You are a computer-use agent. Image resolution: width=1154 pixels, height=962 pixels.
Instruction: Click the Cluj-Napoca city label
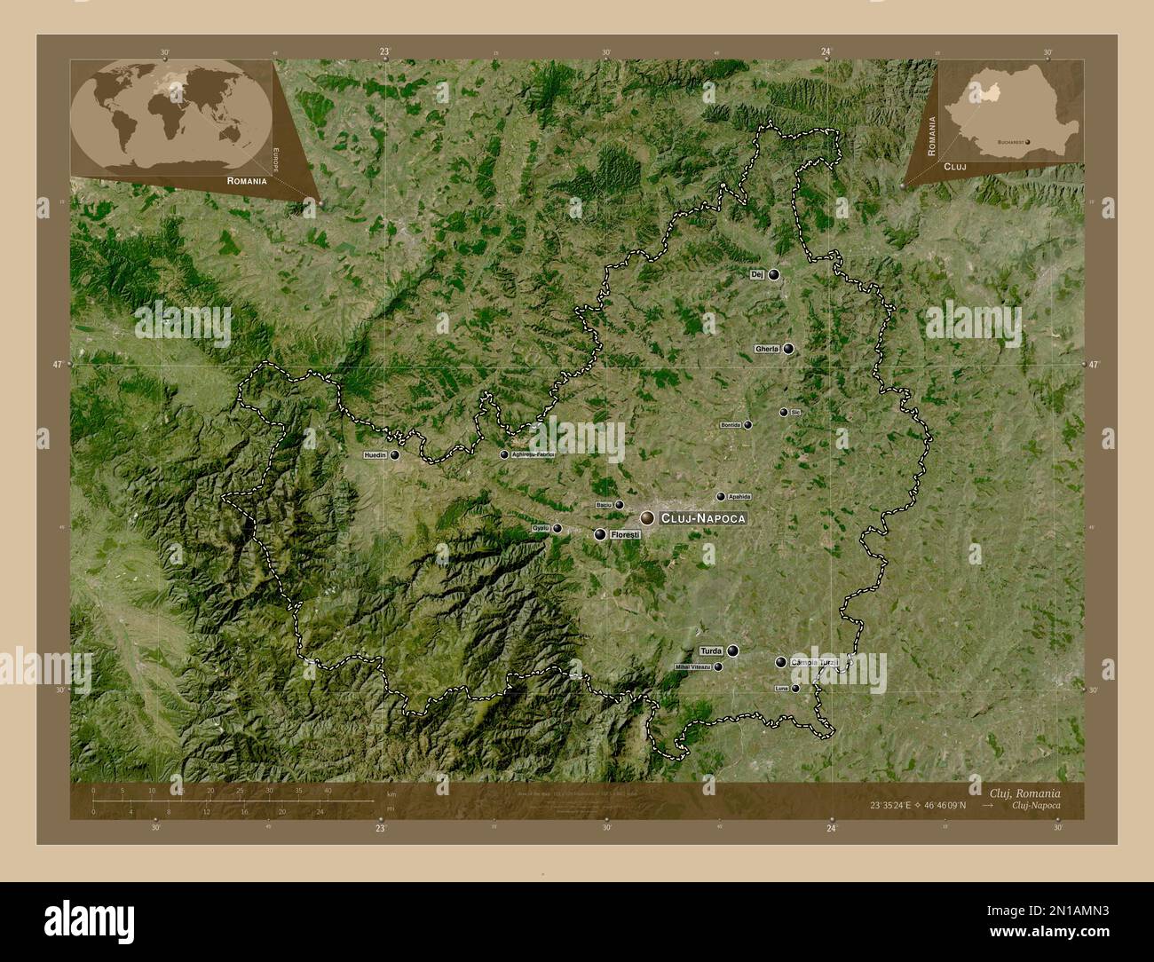point(702,517)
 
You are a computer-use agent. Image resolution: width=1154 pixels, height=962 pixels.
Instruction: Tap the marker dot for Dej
point(774,275)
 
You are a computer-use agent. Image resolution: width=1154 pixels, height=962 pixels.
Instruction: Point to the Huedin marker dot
point(394,454)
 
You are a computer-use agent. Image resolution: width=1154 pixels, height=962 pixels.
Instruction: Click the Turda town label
point(711,651)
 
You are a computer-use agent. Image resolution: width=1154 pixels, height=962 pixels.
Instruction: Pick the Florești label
point(625,535)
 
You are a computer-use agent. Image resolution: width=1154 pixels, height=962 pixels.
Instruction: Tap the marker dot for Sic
point(783,413)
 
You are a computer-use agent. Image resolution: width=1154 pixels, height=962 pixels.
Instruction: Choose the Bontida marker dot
point(747,425)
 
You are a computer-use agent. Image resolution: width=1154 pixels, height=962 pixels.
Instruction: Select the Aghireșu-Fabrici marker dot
point(504,454)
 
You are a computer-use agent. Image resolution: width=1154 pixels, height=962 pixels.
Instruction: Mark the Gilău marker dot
point(557,529)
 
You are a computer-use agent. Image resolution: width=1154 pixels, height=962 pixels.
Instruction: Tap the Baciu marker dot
point(620,505)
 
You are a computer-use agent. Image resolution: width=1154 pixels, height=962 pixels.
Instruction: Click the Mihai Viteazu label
point(692,666)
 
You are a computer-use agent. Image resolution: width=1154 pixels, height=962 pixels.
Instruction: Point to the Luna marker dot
point(794,689)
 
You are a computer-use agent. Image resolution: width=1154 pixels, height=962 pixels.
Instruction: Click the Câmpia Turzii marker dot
point(780,662)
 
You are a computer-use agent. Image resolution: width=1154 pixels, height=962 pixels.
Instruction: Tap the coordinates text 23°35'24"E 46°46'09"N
point(918,805)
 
